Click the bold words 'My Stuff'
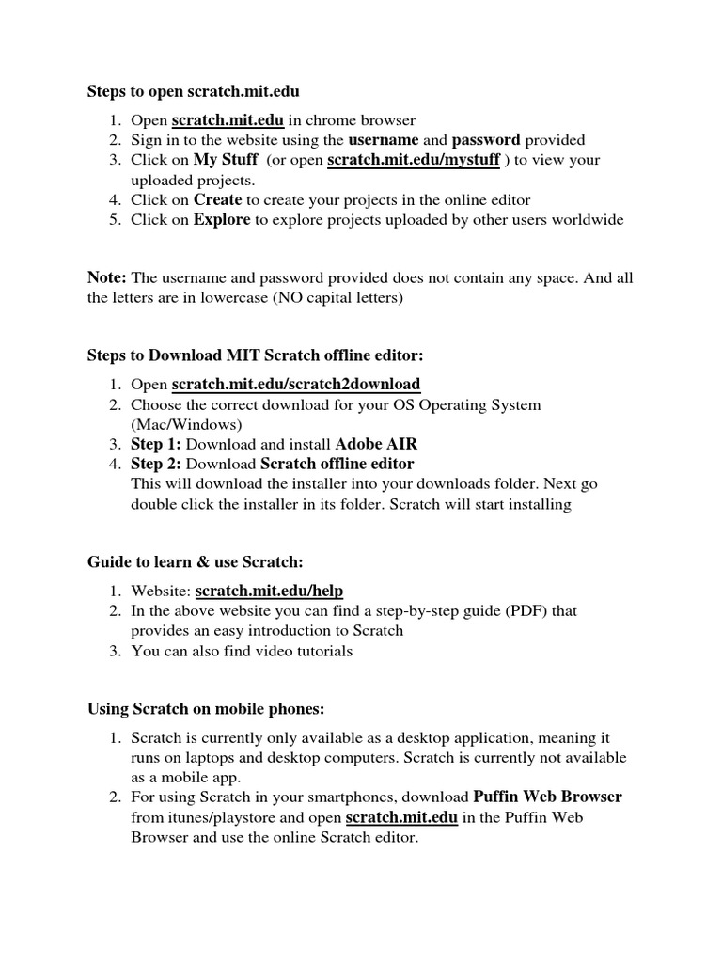click(226, 160)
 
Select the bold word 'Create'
click(218, 199)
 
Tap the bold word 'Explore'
click(222, 220)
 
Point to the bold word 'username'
click(383, 140)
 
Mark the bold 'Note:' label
click(106, 277)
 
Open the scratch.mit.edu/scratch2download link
click(295, 385)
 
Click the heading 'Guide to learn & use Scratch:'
click(196, 561)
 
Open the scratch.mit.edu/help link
click(269, 591)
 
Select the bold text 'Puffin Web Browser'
click(547, 797)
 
